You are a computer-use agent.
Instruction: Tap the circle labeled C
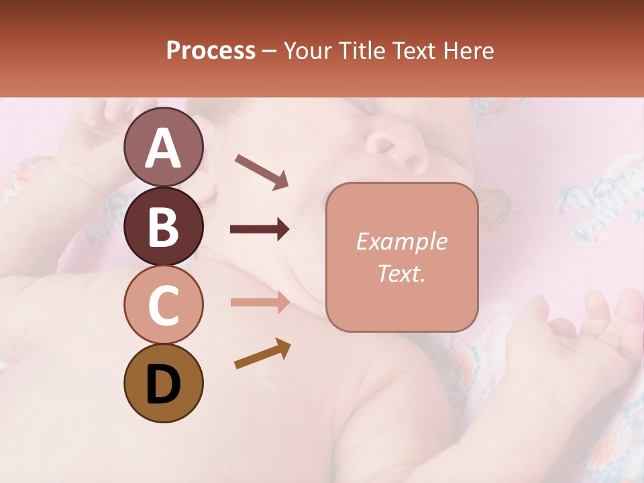(x=163, y=305)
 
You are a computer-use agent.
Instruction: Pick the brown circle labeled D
(x=163, y=383)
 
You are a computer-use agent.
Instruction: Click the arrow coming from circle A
(x=261, y=172)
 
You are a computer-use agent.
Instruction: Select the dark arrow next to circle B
(x=260, y=229)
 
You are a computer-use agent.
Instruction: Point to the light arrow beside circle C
(x=260, y=302)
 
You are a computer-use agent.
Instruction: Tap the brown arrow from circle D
(x=262, y=354)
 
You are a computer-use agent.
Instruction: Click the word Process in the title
(x=211, y=50)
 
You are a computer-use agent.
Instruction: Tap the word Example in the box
(x=401, y=241)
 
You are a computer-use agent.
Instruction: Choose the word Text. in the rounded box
(x=401, y=273)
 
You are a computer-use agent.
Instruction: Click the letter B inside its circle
(x=163, y=226)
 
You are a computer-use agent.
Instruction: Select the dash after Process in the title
(x=269, y=52)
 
